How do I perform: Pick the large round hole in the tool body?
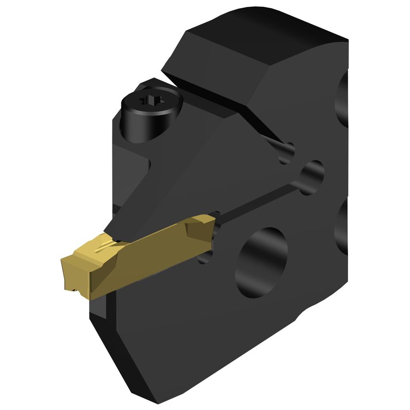[x=261, y=262]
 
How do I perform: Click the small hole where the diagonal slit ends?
[x=287, y=152]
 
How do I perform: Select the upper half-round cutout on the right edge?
[x=342, y=98]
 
